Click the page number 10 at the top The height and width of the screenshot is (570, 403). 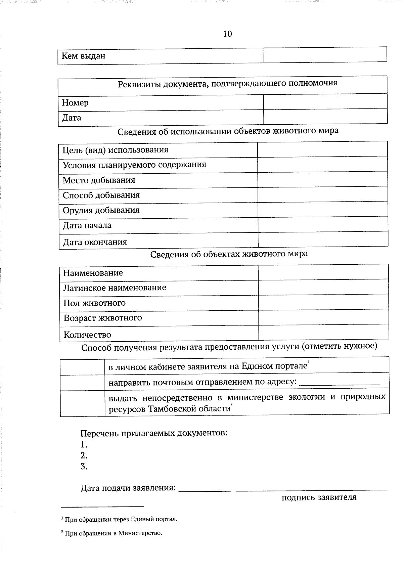(227, 34)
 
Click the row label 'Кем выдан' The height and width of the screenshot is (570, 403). (83, 56)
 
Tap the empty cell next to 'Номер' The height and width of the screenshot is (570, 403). (325, 101)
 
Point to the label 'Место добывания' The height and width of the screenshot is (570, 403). (99, 180)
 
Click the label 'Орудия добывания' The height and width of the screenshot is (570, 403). (101, 210)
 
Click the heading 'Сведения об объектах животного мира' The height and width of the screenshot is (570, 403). (229, 254)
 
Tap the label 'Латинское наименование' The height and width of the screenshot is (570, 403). (115, 288)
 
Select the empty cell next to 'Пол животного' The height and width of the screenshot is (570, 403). (323, 302)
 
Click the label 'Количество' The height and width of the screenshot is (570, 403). (87, 335)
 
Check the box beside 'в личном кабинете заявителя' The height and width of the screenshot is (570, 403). (82, 365)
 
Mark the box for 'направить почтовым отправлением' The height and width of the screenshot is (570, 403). (82, 382)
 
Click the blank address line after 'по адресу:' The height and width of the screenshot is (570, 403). (339, 383)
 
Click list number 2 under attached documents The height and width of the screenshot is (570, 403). (84, 456)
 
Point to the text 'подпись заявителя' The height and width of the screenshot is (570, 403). (319, 497)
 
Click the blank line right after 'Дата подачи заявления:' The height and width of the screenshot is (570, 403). (205, 489)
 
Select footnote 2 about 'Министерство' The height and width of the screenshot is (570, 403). (111, 533)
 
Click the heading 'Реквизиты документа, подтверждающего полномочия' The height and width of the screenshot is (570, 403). (227, 83)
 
